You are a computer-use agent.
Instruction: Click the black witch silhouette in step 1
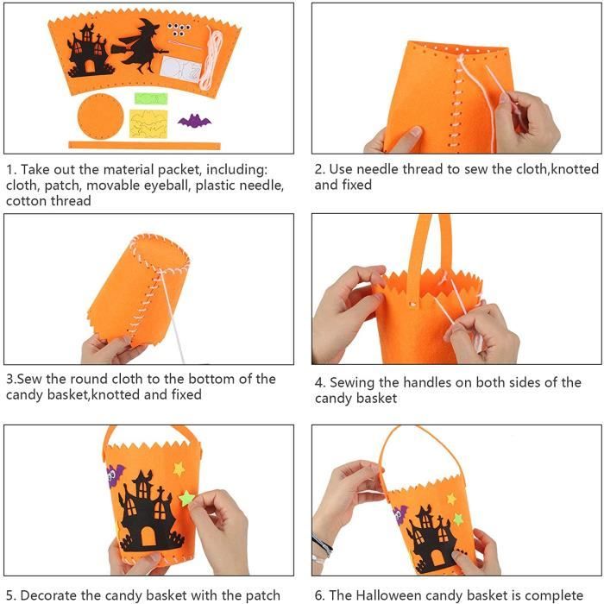141,47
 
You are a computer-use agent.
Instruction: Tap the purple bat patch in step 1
194,121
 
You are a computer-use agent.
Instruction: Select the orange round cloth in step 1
101,116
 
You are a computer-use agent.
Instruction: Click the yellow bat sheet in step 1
148,123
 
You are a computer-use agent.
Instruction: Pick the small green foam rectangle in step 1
151,98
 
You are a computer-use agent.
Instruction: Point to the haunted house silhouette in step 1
90,50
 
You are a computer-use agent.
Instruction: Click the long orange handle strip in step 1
144,146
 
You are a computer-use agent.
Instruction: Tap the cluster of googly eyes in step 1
179,29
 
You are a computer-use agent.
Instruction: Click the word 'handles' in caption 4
427,382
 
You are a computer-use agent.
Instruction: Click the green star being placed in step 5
187,498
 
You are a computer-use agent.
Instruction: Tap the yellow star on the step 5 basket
179,469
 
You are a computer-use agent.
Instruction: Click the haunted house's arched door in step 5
148,536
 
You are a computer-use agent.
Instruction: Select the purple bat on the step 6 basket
400,513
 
